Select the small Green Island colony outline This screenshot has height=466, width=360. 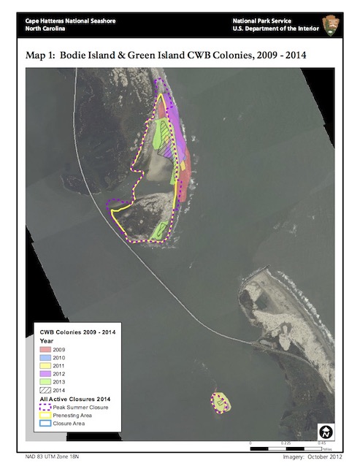pyautogui.click(x=221, y=402)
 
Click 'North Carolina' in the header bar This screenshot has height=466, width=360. pyautogui.click(x=45, y=30)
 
